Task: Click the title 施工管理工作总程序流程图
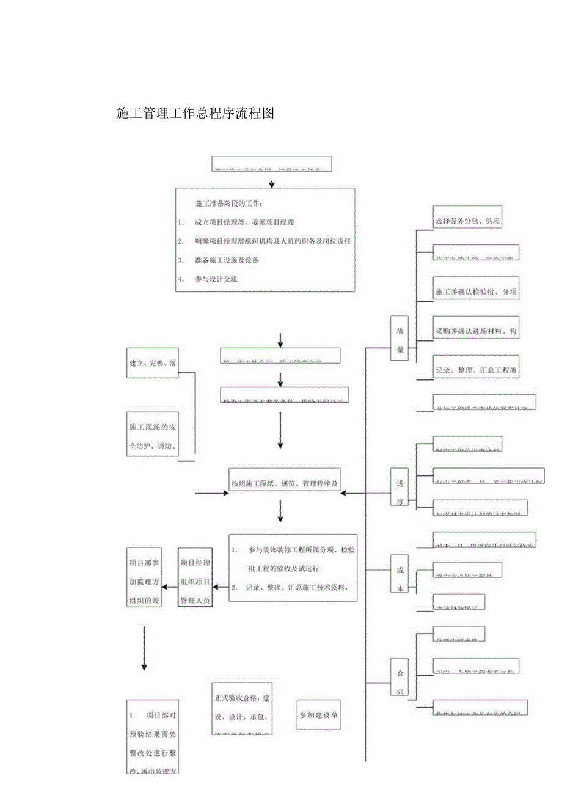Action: tap(195, 113)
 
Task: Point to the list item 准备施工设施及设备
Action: tap(227, 260)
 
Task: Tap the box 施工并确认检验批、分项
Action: tap(476, 293)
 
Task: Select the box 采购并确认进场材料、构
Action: tap(476, 331)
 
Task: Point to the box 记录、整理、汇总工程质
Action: tap(476, 370)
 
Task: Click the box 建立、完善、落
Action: tap(153, 363)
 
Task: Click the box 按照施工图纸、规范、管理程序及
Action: tap(285, 482)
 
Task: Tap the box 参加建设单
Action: tap(319, 714)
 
